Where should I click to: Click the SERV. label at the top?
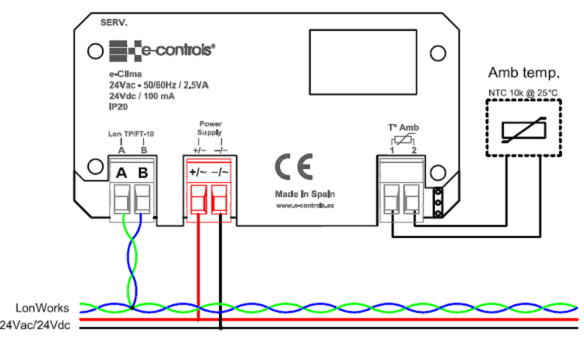click(x=113, y=23)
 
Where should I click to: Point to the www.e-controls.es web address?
click(x=306, y=206)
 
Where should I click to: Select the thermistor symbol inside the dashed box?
click(x=524, y=129)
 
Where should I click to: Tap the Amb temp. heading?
click(x=524, y=73)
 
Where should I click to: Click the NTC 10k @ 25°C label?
click(x=524, y=92)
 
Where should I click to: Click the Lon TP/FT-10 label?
click(x=131, y=134)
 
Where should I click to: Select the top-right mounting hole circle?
click(x=438, y=52)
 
